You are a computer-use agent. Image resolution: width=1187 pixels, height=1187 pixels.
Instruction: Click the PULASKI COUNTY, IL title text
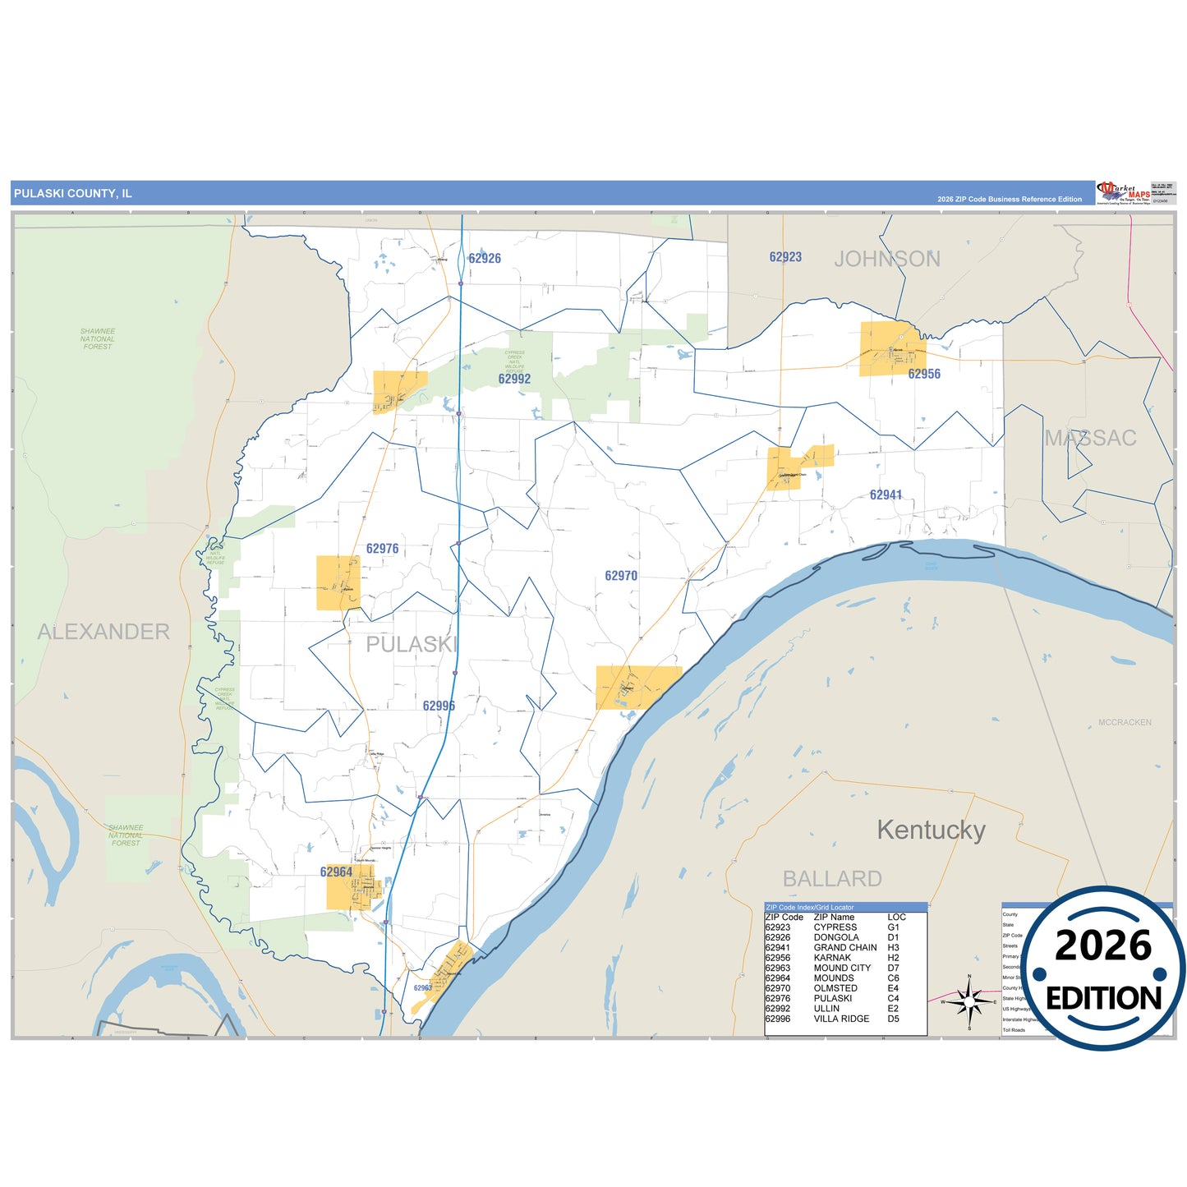[72, 194]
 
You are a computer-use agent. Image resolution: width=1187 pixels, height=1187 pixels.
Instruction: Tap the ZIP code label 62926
[485, 258]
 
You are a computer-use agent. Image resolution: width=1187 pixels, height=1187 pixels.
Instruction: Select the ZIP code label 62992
[514, 379]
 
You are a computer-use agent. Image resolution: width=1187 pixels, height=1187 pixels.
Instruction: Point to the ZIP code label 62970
[621, 576]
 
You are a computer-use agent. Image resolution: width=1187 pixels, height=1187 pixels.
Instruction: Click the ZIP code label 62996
[439, 706]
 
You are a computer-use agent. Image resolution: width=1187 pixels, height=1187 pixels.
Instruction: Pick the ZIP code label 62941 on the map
[886, 495]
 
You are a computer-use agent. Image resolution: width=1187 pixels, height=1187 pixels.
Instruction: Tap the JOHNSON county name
[887, 259]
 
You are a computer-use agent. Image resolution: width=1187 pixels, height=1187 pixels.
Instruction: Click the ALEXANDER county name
[104, 632]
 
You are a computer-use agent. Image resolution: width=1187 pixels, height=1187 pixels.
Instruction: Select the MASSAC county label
[1090, 438]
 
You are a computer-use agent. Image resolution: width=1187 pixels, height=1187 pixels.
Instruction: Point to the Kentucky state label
[931, 830]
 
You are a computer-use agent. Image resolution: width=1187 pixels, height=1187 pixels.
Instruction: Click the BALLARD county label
[832, 879]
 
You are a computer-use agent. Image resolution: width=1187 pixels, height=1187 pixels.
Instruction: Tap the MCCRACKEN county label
[1125, 723]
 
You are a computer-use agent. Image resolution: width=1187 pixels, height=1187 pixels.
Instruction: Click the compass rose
[969, 1001]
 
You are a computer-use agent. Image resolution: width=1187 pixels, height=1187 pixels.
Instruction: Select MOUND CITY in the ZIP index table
[842, 968]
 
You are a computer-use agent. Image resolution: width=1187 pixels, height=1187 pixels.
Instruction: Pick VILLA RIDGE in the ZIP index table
[841, 1019]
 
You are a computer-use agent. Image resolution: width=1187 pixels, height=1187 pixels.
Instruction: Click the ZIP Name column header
[834, 917]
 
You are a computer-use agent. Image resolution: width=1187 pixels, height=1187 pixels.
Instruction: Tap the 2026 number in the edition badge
[1103, 945]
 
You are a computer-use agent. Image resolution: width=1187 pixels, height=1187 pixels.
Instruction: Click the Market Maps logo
[1123, 193]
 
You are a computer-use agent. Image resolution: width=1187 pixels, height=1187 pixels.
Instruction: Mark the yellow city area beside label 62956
[891, 349]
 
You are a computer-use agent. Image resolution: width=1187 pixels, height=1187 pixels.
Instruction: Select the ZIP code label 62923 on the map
[785, 257]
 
